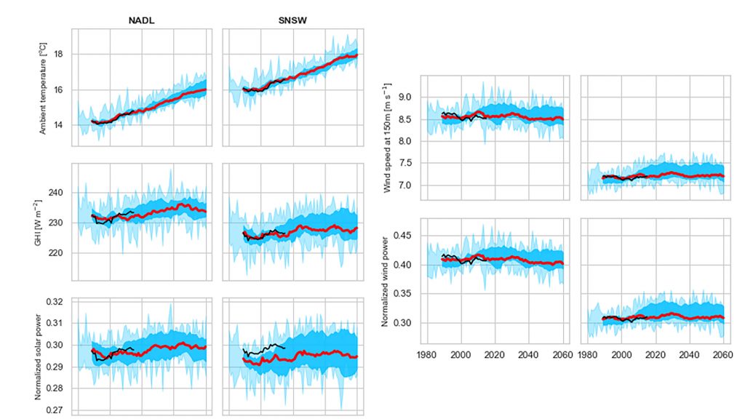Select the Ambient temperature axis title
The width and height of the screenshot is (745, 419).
tap(43, 88)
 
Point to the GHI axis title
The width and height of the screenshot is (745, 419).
tap(43, 220)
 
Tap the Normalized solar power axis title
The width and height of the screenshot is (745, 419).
tap(43, 354)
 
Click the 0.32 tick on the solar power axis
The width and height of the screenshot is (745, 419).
tap(57, 301)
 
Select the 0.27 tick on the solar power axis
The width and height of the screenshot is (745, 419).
tap(57, 410)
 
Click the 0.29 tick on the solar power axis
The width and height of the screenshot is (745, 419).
tap(57, 367)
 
